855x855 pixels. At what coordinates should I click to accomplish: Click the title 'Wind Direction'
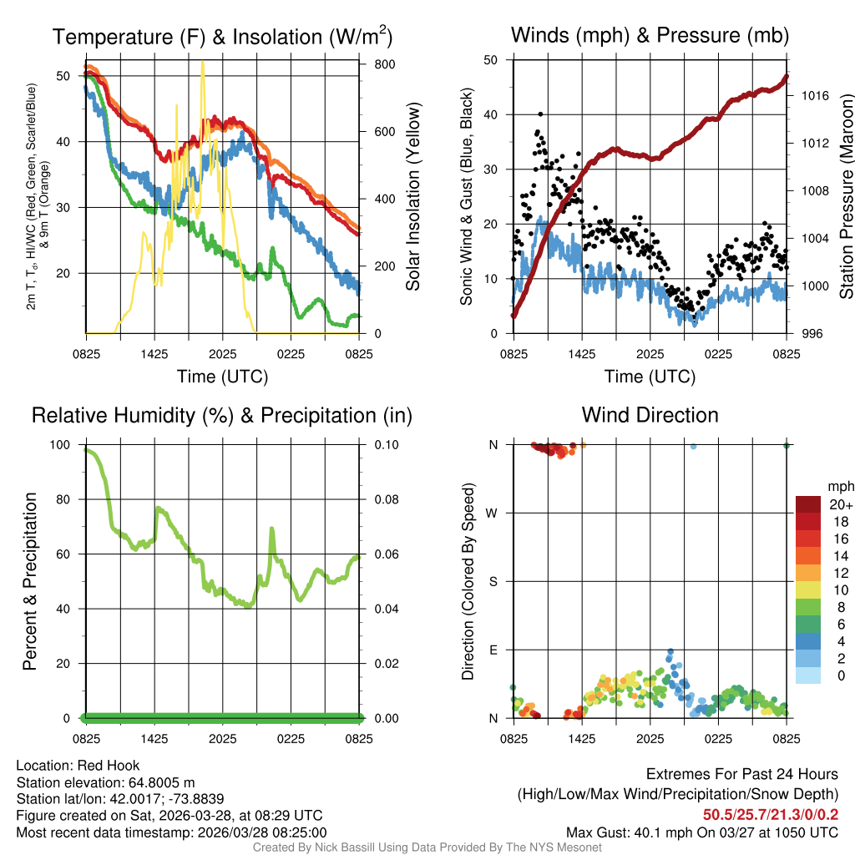click(650, 415)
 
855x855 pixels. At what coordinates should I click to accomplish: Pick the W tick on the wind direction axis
click(493, 513)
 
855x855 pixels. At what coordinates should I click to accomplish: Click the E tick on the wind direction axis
click(493, 650)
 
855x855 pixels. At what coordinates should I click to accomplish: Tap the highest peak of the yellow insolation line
click(202, 62)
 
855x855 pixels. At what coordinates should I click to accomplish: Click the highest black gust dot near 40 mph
click(541, 114)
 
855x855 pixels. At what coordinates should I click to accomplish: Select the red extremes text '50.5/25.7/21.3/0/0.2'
click(770, 815)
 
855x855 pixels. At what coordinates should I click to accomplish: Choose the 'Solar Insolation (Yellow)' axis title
click(413, 196)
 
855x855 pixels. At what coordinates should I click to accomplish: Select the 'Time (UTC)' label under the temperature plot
click(222, 377)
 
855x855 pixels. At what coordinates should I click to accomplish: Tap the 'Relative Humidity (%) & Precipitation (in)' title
click(222, 415)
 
